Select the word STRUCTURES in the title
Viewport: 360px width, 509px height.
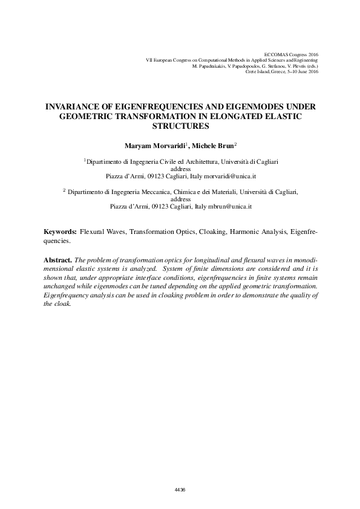click(x=180, y=126)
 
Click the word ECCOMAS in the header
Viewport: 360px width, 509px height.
click(x=278, y=54)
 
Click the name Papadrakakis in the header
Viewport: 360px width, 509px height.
click(x=209, y=66)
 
